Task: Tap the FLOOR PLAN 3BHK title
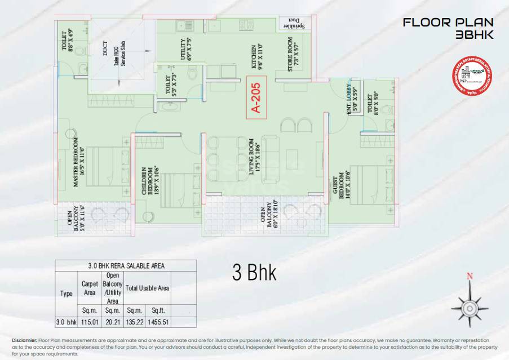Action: pyautogui.click(x=448, y=29)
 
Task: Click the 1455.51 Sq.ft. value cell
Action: pyautogui.click(x=158, y=323)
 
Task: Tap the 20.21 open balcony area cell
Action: pyautogui.click(x=112, y=323)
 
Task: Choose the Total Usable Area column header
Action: pyautogui.click(x=147, y=288)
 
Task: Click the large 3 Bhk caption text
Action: pyautogui.click(x=254, y=273)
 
